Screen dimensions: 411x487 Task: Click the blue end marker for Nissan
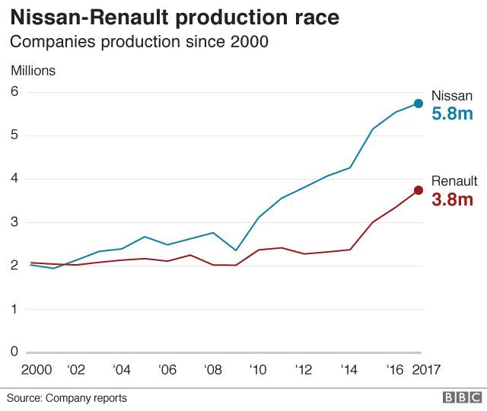(419, 104)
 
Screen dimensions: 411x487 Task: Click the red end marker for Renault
(419, 190)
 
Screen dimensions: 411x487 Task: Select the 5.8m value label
(453, 114)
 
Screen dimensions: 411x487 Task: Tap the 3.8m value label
(453, 200)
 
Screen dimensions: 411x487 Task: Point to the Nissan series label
(452, 96)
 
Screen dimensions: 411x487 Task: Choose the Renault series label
(454, 181)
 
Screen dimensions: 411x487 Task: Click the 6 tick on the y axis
(14, 92)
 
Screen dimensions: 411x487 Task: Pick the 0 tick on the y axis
(14, 352)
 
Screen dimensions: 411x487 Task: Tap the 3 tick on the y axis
(14, 223)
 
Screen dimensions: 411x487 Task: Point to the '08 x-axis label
(212, 370)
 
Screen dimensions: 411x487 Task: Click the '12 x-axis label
(304, 370)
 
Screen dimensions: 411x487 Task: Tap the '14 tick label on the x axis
(350, 370)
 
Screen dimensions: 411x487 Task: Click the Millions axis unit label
(33, 71)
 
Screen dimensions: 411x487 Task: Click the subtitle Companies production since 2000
(138, 43)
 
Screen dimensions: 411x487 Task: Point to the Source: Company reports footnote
(67, 398)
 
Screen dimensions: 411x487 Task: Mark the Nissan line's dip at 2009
(236, 250)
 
